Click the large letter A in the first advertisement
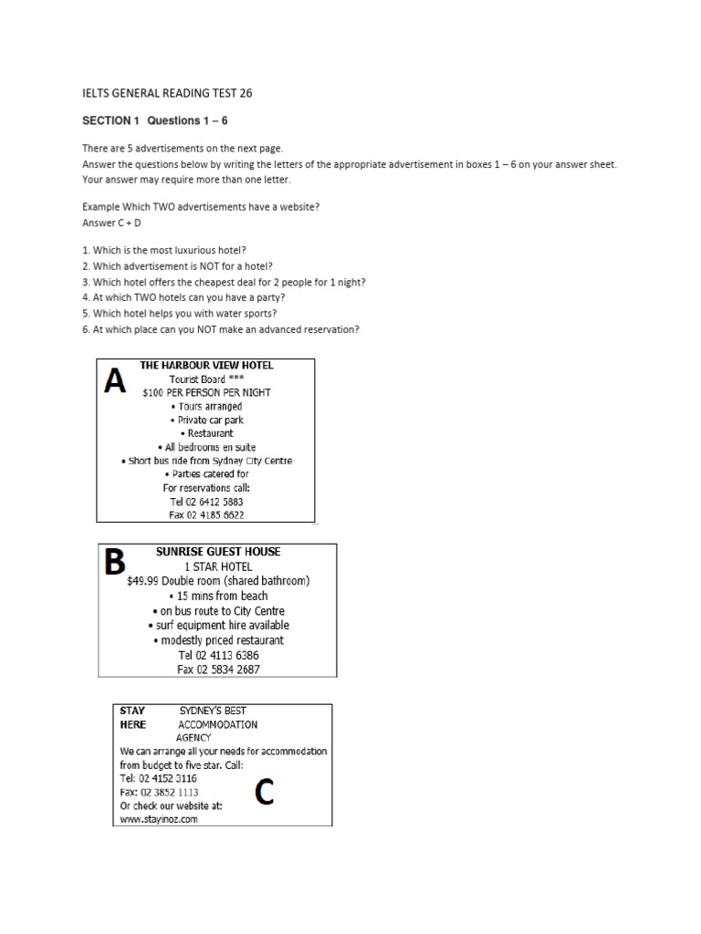tap(115, 380)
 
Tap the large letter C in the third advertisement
tap(264, 793)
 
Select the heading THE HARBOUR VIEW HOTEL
tap(206, 365)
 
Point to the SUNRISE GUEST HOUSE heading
tap(218, 552)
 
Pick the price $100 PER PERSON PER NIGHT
tap(207, 392)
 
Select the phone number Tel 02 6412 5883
tap(207, 502)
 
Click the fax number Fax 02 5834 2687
tap(218, 669)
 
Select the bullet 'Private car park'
tap(207, 420)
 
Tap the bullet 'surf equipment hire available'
tap(218, 626)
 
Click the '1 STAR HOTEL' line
tap(218, 566)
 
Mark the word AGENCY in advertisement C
tap(194, 738)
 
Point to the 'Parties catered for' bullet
tap(207, 474)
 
